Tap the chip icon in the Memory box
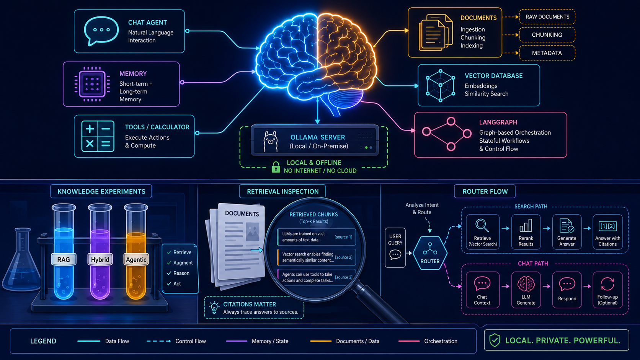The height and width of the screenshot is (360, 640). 92,84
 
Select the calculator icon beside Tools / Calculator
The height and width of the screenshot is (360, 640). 98,136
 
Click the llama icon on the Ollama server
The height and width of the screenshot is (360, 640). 270,141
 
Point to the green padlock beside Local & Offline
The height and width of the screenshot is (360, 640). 276,167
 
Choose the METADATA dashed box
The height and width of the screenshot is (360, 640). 547,53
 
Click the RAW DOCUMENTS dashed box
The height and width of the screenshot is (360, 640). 547,17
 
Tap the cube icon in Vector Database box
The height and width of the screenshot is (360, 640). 440,85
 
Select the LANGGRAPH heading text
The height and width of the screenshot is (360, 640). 498,122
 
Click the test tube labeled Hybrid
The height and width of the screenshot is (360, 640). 100,251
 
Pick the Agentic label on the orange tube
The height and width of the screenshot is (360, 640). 136,259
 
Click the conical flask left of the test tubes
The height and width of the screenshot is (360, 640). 21,259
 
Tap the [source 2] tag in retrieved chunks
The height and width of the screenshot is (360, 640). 344,257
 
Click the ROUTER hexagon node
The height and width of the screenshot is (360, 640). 430,253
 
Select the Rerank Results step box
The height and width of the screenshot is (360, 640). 526,232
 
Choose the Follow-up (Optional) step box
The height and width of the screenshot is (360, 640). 607,290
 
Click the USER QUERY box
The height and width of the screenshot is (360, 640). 395,248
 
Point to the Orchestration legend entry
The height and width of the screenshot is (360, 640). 428,341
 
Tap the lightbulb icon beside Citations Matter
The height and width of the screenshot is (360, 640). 214,308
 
